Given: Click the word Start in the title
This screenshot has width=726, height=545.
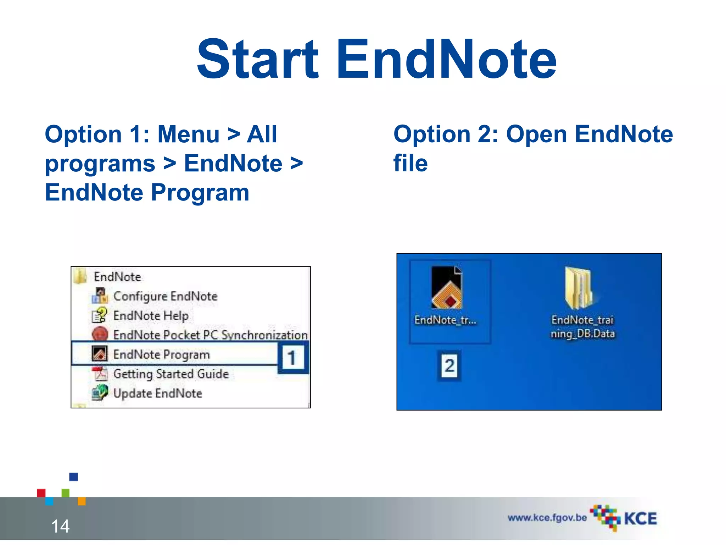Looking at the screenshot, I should (258, 60).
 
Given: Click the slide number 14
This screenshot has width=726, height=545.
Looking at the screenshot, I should (60, 526).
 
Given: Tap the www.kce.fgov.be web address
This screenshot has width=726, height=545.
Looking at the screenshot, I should (547, 518).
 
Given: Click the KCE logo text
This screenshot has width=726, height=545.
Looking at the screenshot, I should (640, 519).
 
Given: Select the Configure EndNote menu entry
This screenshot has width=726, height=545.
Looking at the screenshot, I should (165, 296).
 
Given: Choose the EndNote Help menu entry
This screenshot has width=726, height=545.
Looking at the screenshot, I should (151, 315).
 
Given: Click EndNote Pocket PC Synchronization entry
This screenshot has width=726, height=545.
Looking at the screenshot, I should (210, 335).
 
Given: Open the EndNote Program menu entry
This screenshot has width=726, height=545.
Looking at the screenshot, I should (161, 354).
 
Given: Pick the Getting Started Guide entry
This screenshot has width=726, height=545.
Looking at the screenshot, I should (171, 374).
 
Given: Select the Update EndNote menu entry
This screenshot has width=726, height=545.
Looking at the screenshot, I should (158, 393).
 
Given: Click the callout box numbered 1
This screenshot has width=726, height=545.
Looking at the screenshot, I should (292, 358).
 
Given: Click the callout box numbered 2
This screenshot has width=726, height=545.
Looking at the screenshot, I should (449, 365).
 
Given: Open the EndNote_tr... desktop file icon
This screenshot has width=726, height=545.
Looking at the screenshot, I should (447, 287).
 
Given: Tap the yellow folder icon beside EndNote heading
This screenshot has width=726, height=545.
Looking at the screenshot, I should (80, 276).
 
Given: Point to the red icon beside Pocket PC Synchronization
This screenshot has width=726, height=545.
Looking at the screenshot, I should (100, 334).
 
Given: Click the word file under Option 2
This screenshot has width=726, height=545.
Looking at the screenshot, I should (411, 164).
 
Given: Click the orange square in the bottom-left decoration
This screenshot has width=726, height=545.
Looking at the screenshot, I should (82, 501).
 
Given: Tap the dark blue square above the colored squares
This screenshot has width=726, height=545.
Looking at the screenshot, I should (73, 477).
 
